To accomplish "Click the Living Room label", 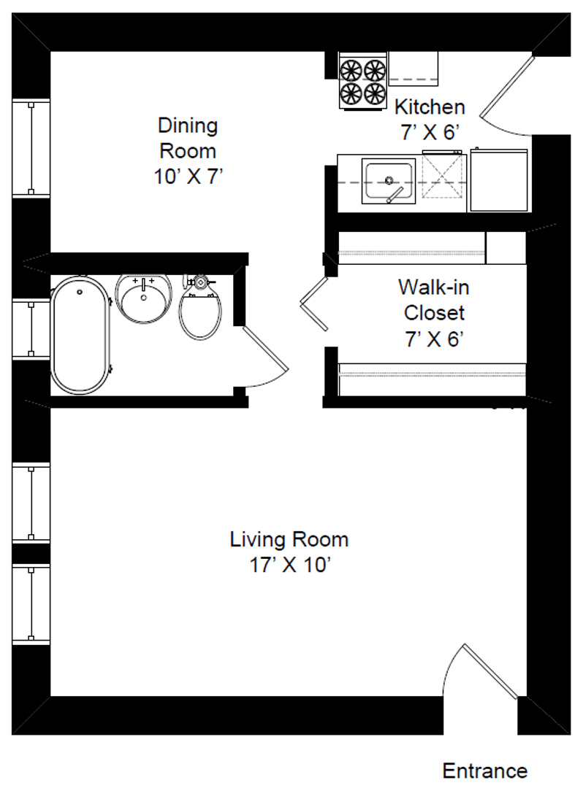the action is tap(289, 552).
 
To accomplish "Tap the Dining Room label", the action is tap(188, 151).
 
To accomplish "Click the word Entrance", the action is tap(485, 770).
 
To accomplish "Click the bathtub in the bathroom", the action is tap(80, 335).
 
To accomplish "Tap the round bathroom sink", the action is tap(144, 298).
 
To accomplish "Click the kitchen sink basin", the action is tap(389, 182).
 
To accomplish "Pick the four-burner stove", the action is tap(362, 80).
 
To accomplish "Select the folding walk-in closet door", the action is tap(314, 304).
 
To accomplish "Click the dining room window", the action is tap(31, 148).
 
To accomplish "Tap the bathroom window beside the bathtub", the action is tap(31, 329).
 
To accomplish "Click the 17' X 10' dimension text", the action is tap(290, 565).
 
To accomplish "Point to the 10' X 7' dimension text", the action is tap(188, 177).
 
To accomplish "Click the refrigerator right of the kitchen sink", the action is tap(498, 180).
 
